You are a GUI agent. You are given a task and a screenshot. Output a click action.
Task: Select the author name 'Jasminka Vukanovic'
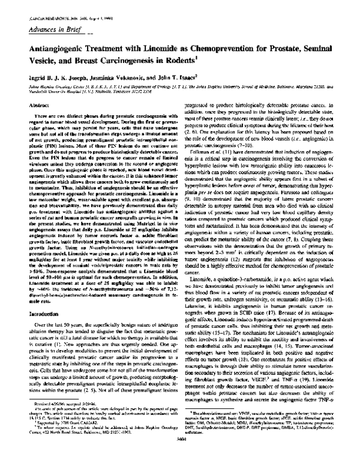tap(122, 77)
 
